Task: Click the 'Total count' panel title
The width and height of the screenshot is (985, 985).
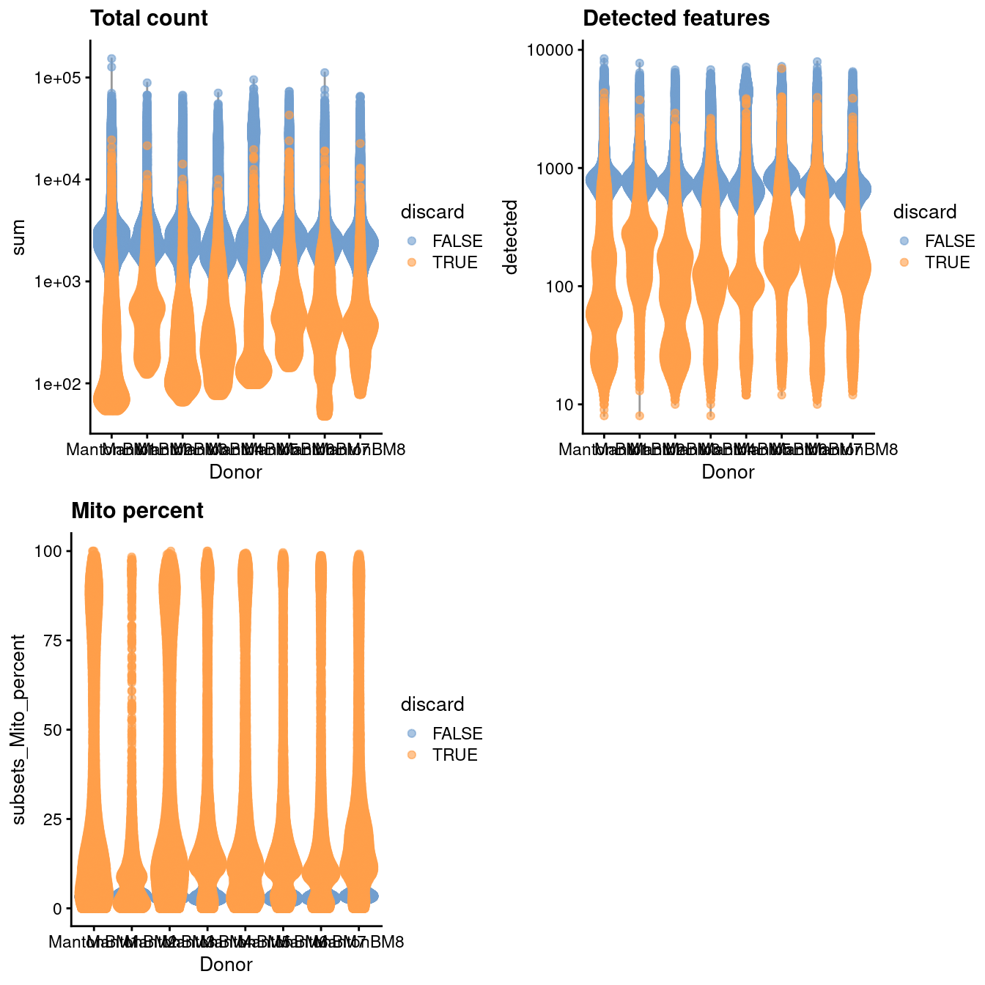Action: (149, 18)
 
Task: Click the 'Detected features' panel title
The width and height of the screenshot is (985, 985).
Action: (676, 18)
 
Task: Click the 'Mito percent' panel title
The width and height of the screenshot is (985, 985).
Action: (137, 511)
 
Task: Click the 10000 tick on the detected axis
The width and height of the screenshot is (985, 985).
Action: (553, 50)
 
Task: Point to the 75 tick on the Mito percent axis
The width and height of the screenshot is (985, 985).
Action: (54, 641)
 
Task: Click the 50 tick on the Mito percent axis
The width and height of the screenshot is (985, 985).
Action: (54, 730)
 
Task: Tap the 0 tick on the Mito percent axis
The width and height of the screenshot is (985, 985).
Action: (57, 909)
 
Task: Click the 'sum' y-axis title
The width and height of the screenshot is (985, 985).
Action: (20, 237)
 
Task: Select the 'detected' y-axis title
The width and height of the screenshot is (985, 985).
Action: (511, 237)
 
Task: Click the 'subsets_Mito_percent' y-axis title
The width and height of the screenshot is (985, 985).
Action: (20, 729)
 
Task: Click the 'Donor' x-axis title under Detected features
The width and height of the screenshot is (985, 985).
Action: (728, 473)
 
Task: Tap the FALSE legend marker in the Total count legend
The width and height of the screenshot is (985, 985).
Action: (412, 241)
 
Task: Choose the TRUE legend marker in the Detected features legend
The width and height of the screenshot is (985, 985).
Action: (904, 262)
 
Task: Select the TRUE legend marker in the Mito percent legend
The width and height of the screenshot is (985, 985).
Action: (412, 755)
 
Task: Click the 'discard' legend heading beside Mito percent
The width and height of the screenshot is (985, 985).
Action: (432, 704)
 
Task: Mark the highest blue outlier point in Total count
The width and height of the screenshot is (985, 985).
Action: (111, 59)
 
